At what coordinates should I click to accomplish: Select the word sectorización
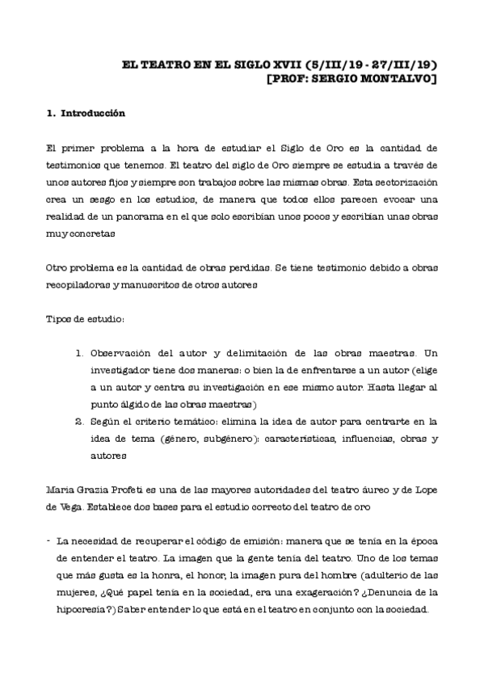(x=401, y=183)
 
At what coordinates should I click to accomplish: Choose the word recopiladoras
(x=77, y=285)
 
